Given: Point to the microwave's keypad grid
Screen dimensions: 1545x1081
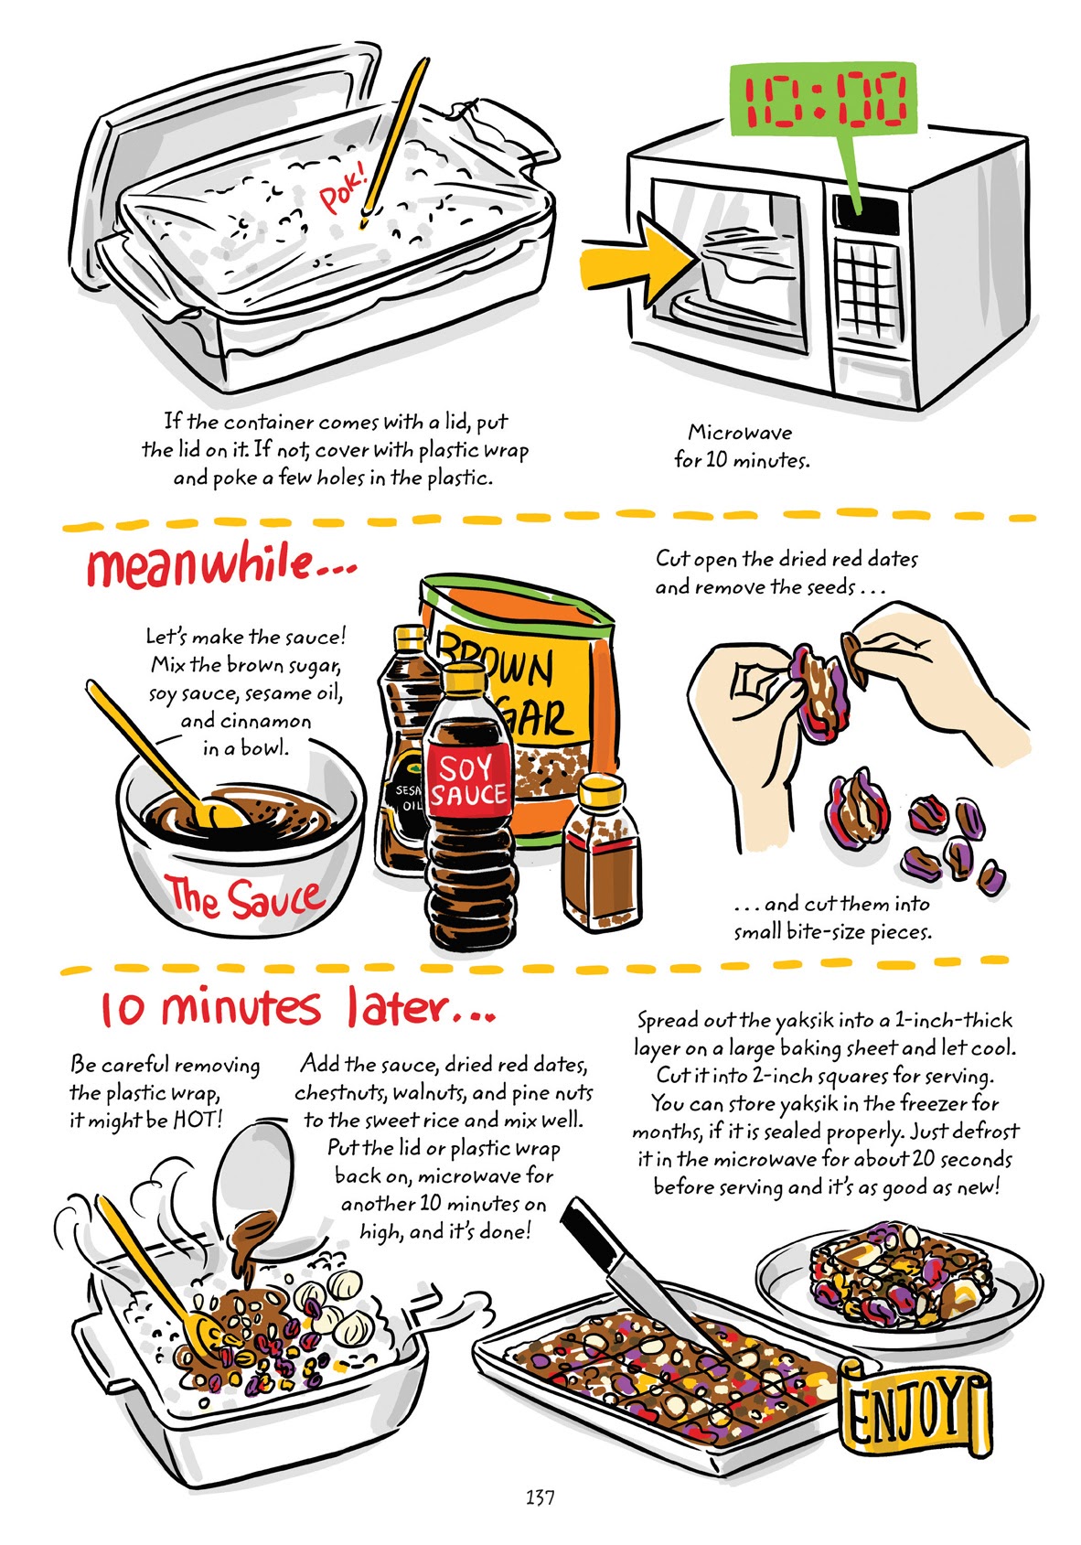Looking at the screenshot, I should point(865,271).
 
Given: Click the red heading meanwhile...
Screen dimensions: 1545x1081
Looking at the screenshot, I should point(219,564).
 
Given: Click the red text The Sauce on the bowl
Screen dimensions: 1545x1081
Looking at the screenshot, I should point(244,898).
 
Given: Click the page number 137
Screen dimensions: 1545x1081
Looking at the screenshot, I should point(540,1497).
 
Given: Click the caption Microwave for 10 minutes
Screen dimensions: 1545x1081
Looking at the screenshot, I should point(741,445).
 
